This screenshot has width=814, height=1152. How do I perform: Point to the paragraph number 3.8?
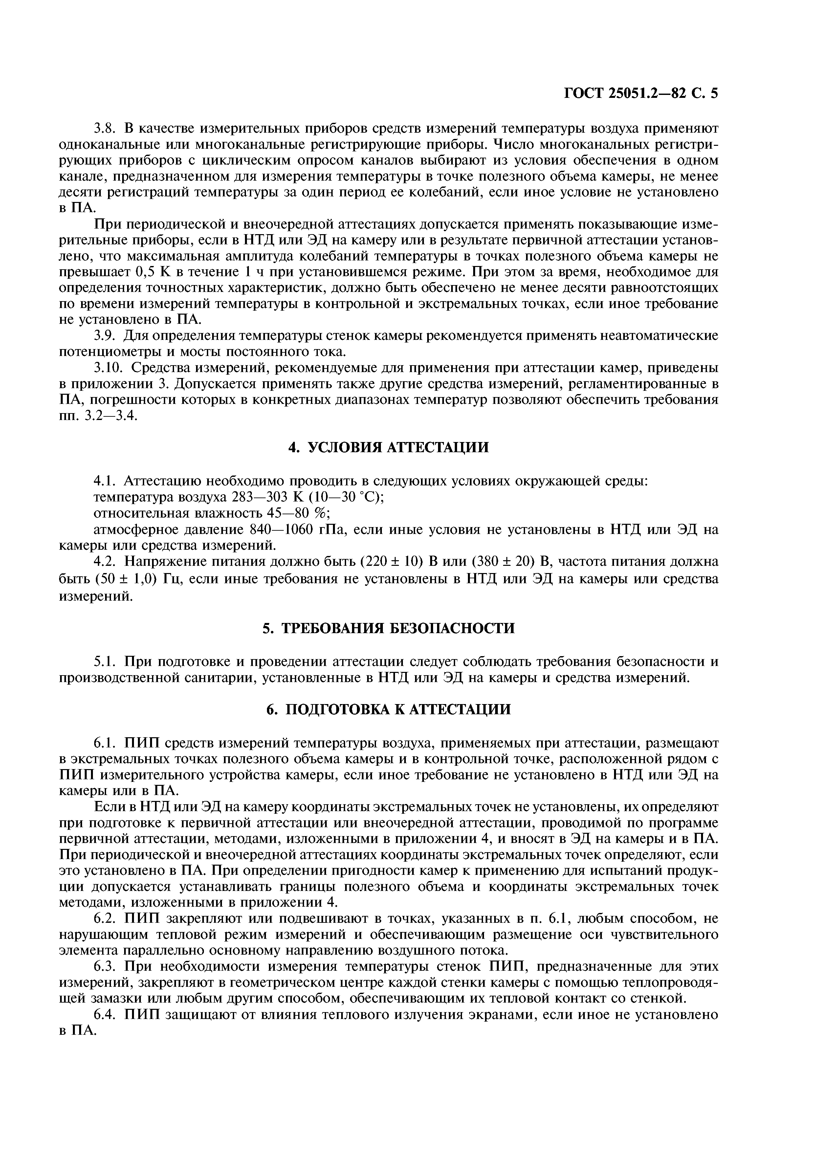pos(105,128)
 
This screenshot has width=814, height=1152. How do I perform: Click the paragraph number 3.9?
pos(105,335)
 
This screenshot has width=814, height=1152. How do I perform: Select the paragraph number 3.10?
pos(108,368)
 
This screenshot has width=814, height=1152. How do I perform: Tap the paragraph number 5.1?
pos(105,661)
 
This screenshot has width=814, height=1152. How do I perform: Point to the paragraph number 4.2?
pos(105,562)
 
